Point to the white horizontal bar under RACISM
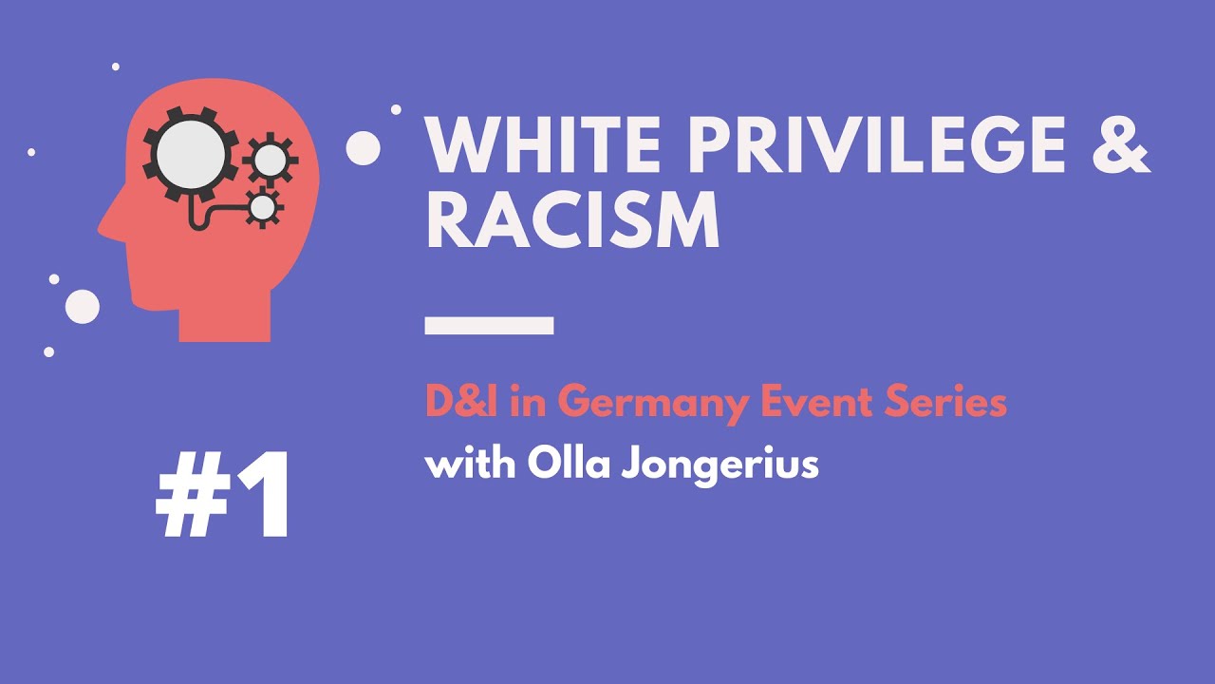click(489, 326)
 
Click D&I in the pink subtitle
click(462, 403)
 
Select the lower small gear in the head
click(263, 205)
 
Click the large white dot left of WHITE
click(363, 148)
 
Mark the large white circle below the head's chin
click(83, 306)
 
